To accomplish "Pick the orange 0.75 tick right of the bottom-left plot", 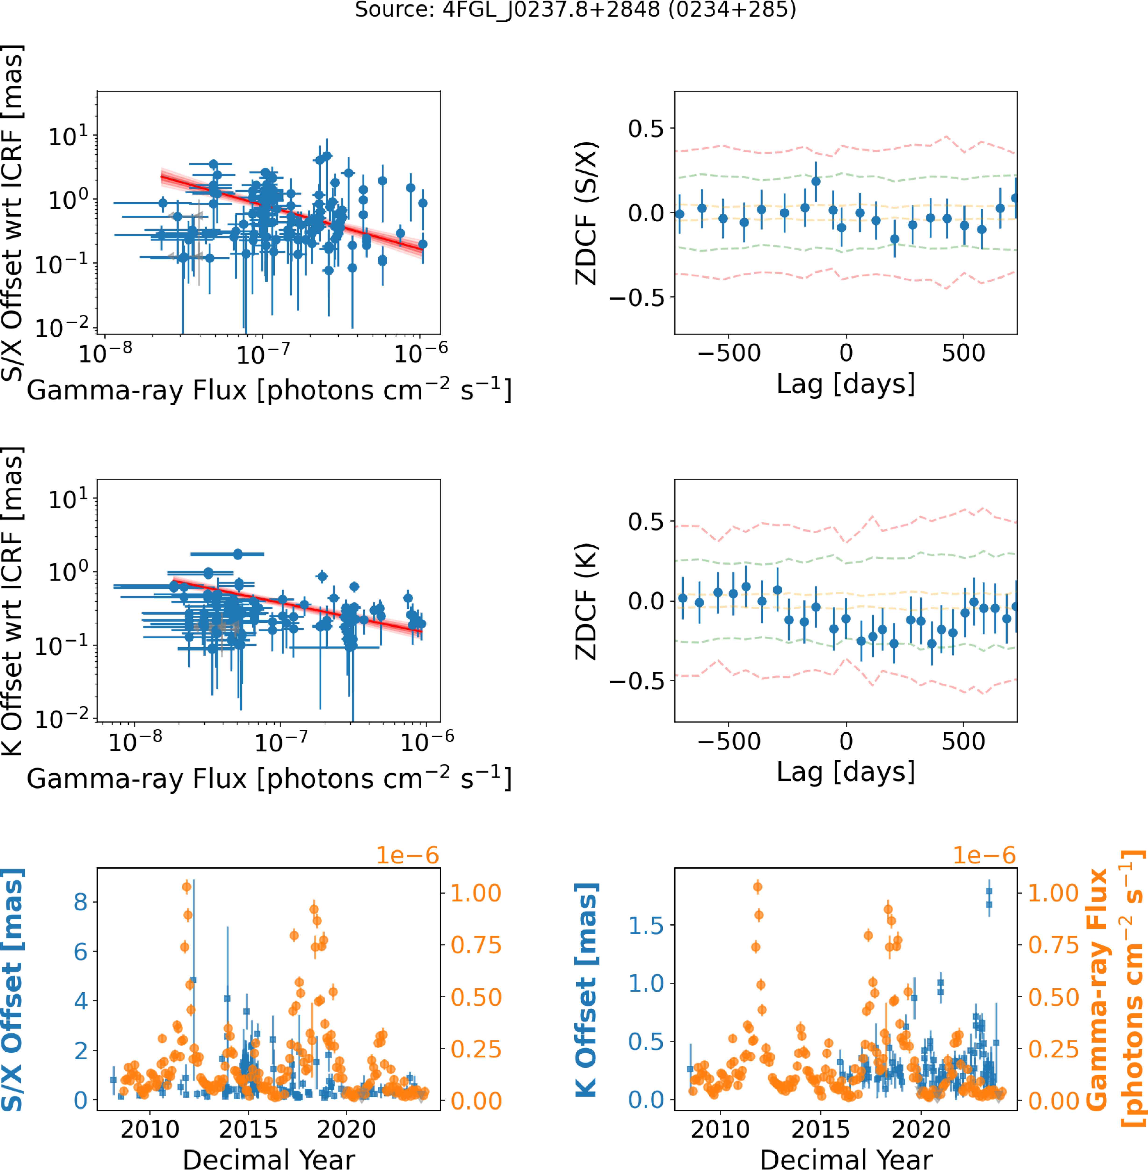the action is [476, 945].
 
